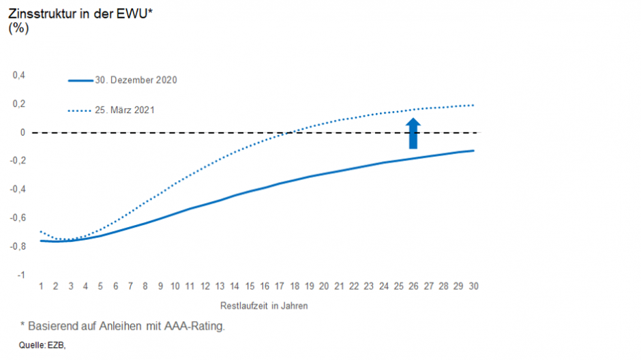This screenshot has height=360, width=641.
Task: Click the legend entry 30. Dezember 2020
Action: (136, 80)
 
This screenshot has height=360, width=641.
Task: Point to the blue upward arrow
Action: (413, 133)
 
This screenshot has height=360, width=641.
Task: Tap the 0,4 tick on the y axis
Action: (19, 75)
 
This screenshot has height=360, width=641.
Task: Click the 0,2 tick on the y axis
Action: (19, 104)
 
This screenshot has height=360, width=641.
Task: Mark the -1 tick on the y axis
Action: (20, 274)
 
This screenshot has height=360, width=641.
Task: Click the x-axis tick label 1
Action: (41, 287)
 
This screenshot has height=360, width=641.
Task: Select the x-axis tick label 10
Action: (175, 287)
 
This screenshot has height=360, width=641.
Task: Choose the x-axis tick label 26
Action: (413, 287)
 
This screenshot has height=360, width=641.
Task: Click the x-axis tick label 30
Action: (473, 287)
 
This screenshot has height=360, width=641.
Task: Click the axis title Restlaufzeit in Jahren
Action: (264, 306)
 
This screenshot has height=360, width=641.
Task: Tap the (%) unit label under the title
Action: (18, 29)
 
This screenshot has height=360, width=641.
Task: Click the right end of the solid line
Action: (473, 151)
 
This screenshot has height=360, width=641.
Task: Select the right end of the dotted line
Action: (473, 105)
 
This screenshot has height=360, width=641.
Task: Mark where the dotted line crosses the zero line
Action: (290, 132)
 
